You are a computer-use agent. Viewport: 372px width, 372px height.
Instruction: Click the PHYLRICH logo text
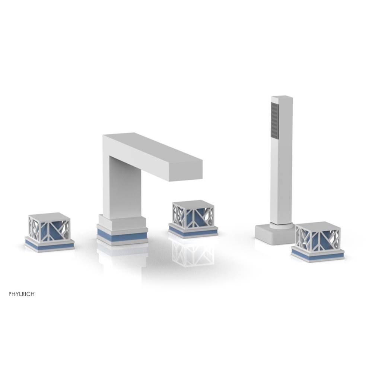(22, 294)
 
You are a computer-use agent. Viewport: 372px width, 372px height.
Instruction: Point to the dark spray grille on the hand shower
(275, 121)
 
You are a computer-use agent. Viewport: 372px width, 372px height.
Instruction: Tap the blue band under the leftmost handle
(49, 246)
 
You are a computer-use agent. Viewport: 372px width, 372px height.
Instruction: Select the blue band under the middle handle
(193, 232)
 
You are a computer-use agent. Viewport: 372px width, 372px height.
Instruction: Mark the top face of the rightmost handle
(317, 225)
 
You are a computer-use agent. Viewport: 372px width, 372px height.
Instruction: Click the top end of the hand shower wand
(282, 98)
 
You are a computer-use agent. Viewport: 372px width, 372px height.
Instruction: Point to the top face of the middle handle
(193, 203)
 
